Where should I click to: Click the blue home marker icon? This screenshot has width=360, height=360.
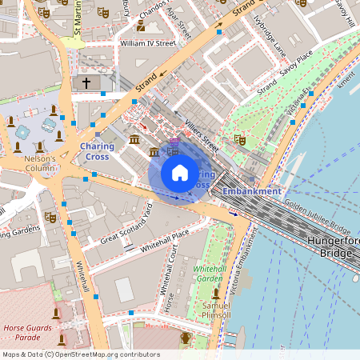click(180, 173)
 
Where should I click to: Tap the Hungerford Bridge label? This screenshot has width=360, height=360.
click(330, 246)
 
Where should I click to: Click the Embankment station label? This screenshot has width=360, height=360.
click(251, 192)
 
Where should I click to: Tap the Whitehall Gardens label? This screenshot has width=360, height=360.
click(210, 274)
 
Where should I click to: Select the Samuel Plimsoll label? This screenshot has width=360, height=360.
click(215, 310)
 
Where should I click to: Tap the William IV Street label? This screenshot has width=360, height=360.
click(146, 43)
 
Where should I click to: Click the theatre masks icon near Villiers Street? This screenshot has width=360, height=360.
click(238, 139)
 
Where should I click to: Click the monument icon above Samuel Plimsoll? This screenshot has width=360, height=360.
click(215, 294)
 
